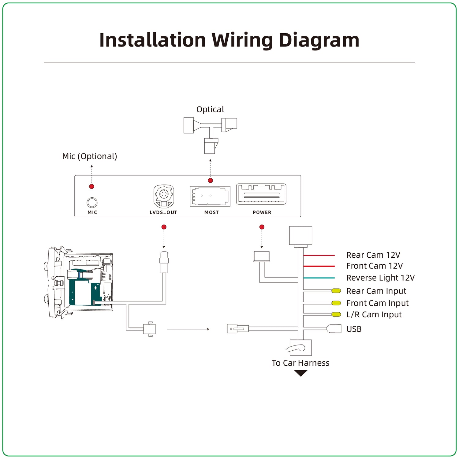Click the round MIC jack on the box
(x=92, y=203)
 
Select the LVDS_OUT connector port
(x=164, y=196)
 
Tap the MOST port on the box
(x=210, y=196)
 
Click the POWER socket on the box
(x=261, y=194)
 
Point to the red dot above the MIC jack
(x=91, y=186)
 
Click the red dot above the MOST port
(x=210, y=181)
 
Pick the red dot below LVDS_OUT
(x=164, y=227)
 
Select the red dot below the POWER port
(x=262, y=227)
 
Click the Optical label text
(x=210, y=109)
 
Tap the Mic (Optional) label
(x=90, y=156)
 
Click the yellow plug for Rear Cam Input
(x=336, y=291)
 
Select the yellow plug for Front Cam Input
(x=336, y=303)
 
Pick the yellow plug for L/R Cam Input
(x=336, y=314)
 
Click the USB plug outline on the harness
(x=334, y=329)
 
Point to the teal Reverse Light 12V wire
(x=319, y=278)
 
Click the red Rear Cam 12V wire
(x=319, y=255)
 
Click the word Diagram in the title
(x=319, y=40)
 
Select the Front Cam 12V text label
(x=375, y=266)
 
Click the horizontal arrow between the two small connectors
(x=188, y=329)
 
